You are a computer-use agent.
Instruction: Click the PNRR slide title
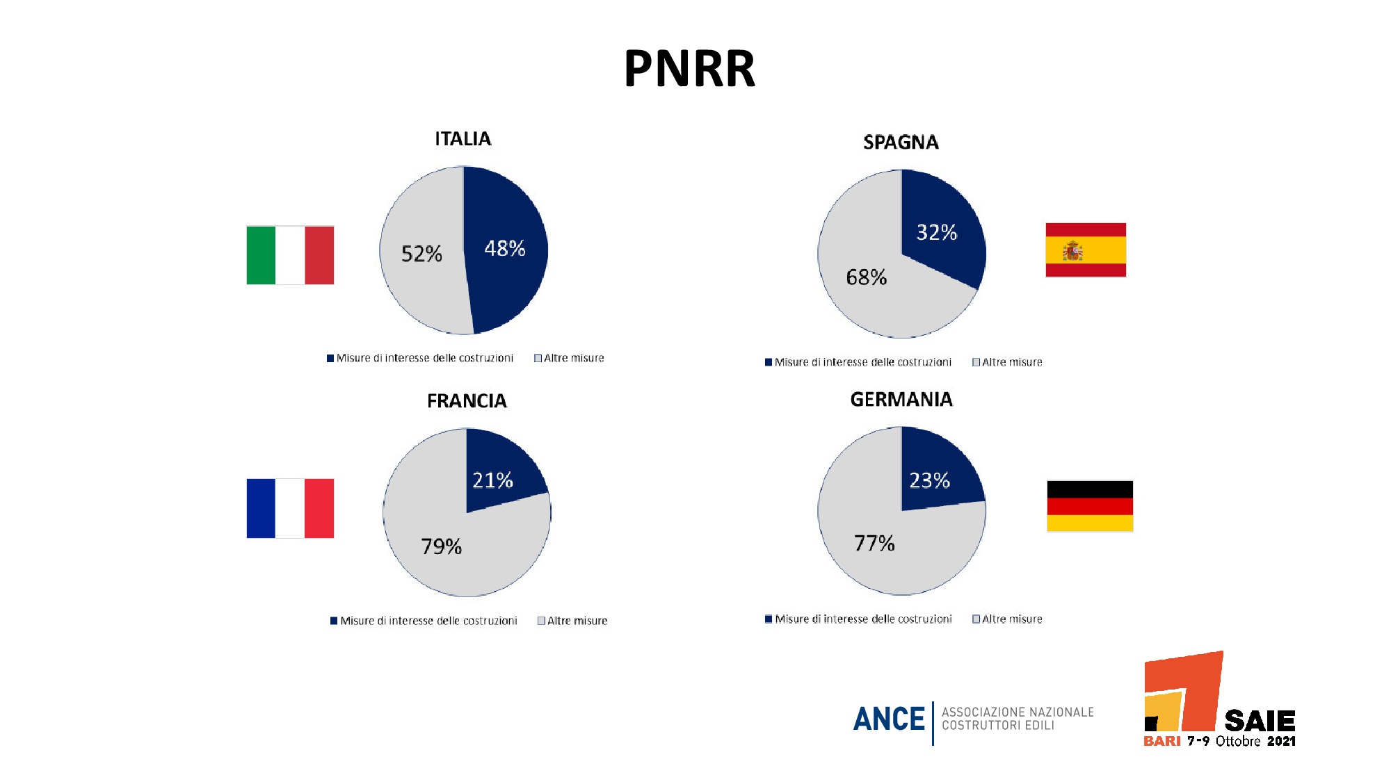pyautogui.click(x=689, y=69)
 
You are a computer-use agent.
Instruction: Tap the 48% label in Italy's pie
pyautogui.click(x=505, y=248)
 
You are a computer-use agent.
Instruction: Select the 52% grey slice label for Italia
pyautogui.click(x=421, y=254)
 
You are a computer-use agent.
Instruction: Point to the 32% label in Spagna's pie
pyautogui.click(x=937, y=232)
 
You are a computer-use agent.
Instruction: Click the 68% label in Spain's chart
pyautogui.click(x=867, y=277)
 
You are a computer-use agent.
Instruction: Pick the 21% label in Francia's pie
pyautogui.click(x=492, y=480)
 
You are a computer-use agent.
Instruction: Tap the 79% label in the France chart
pyautogui.click(x=442, y=546)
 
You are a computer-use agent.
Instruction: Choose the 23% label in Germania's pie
pyautogui.click(x=930, y=480)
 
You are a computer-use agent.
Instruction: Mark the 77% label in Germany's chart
pyautogui.click(x=874, y=543)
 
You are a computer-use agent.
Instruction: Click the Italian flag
pyautogui.click(x=290, y=255)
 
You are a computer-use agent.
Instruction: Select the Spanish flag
pyautogui.click(x=1086, y=250)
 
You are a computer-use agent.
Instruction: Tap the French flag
pyautogui.click(x=290, y=508)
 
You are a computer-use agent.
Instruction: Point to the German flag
pyautogui.click(x=1090, y=506)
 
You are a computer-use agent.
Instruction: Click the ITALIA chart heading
pyautogui.click(x=463, y=139)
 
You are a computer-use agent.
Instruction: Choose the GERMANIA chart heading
pyautogui.click(x=901, y=400)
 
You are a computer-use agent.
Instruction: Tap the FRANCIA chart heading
pyautogui.click(x=467, y=401)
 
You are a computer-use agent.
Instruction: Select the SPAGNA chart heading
pyautogui.click(x=901, y=142)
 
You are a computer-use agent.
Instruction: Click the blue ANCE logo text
pyautogui.click(x=889, y=719)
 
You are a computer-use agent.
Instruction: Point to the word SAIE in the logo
pyautogui.click(x=1260, y=721)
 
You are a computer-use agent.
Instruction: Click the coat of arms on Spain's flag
pyautogui.click(x=1072, y=251)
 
